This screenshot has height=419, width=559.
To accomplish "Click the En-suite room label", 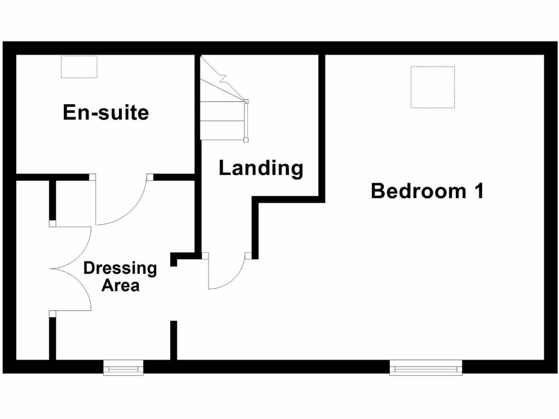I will pos(106,112).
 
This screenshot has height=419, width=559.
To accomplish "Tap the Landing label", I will pos(260,168).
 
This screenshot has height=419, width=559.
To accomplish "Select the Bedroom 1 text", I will pos(427,191).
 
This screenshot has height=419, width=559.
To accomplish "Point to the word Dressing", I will pos(120,268).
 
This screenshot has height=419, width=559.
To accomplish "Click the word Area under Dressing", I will pos(120,285).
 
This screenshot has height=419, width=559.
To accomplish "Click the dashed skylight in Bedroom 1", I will pos(432,87).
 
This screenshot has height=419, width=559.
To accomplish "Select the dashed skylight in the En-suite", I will pos(79,67).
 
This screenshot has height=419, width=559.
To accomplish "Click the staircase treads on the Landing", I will pos(221,120).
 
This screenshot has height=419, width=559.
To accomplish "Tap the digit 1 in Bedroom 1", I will pos(478,191).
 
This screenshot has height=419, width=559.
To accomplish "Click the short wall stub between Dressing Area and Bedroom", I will pos(174,340).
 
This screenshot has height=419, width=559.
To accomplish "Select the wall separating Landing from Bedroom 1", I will pos(322,125).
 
